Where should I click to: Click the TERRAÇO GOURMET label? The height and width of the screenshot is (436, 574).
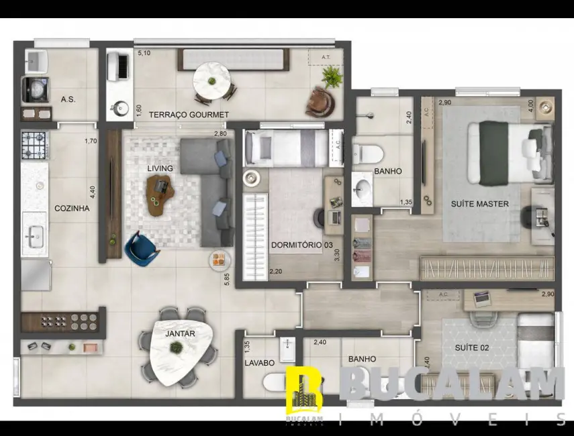tap(189, 115)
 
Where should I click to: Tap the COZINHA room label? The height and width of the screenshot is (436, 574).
tap(72, 208)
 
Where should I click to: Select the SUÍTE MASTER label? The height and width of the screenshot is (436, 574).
tap(479, 204)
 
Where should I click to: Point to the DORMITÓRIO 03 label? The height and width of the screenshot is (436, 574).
tap(301, 244)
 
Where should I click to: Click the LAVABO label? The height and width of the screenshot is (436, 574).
tap(259, 363)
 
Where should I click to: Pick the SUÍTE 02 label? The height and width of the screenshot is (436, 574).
tap(471, 347)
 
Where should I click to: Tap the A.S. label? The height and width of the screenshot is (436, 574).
tap(68, 99)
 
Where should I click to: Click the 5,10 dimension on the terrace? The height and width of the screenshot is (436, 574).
tap(144, 53)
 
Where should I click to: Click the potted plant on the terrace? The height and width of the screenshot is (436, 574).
tap(332, 77)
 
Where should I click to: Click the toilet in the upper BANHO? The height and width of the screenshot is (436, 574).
tap(367, 153)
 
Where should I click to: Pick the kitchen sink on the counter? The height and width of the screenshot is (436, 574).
tap(34, 235)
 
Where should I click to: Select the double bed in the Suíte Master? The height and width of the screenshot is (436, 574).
tap(508, 152)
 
